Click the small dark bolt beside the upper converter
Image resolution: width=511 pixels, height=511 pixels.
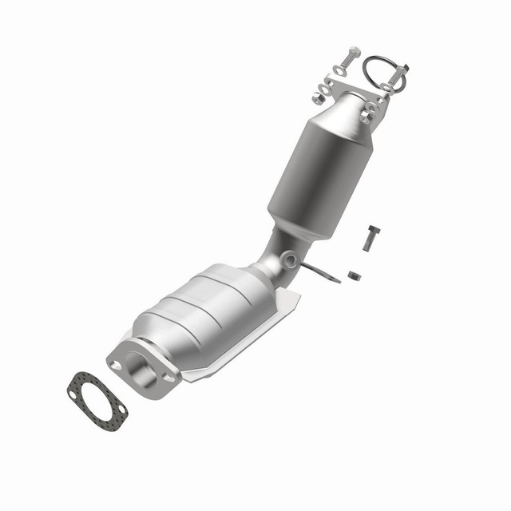tap(371, 237)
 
